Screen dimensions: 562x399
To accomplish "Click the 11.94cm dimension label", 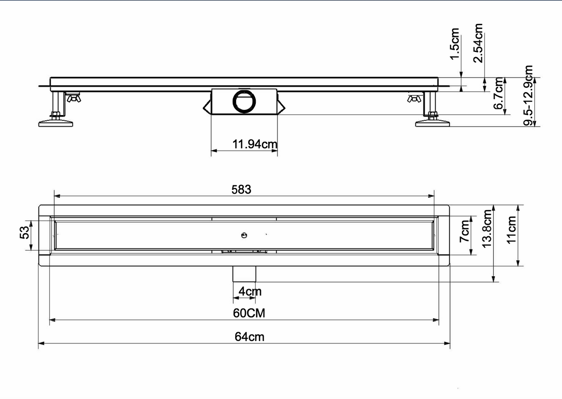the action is coord(255,144).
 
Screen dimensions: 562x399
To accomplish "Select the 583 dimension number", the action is coord(241,190).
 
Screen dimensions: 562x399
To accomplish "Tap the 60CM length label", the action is coord(249,313).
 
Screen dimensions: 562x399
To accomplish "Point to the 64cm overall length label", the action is coord(249,337).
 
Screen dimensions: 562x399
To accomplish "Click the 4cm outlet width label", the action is coord(250,291).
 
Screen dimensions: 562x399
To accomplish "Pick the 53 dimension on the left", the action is coord(24,232).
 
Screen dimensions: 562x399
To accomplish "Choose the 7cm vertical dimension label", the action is coord(465,231).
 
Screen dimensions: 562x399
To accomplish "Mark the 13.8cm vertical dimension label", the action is coord(487,229).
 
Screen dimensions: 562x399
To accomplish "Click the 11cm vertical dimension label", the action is coord(511,230).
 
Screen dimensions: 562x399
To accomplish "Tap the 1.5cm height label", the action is coord(454,44).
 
